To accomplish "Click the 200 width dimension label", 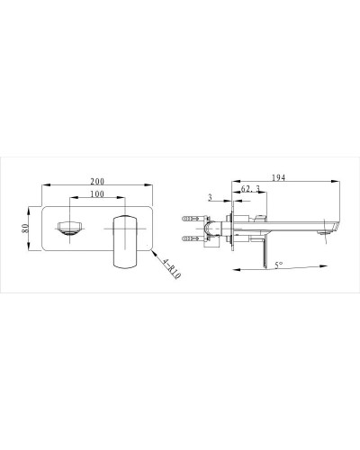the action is [97, 181].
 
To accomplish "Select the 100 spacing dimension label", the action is [97, 194].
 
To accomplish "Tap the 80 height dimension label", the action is [25, 229].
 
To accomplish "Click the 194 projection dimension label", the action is [279, 177].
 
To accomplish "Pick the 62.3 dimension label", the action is [250, 189].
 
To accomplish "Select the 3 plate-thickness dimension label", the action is [210, 197].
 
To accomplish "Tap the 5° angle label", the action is [279, 265].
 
